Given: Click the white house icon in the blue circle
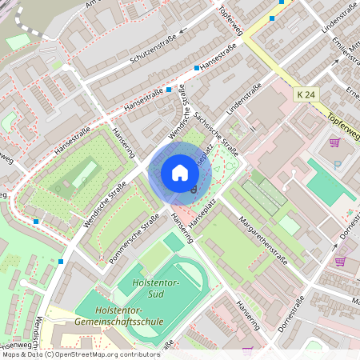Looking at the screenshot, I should [x=179, y=172].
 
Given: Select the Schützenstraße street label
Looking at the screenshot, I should [x=150, y=46].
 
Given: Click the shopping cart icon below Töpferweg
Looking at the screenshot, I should [x=334, y=142].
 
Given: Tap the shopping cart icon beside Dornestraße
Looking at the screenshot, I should [x=340, y=261].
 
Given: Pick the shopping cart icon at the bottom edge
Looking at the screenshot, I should [x=247, y=350].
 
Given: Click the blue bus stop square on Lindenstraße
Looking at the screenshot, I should [x=272, y=18].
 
